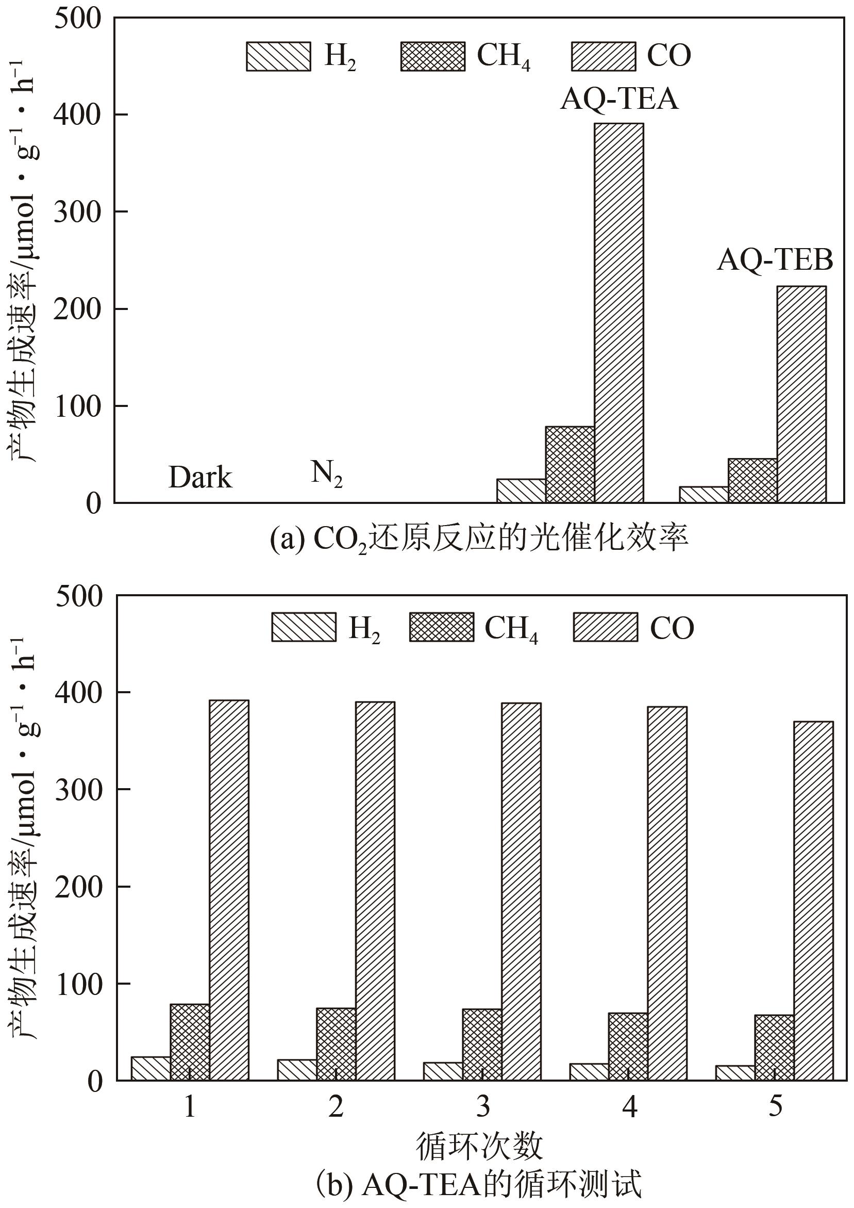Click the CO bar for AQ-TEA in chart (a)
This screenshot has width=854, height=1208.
[x=619, y=313]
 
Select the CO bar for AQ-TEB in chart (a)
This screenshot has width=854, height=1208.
[x=801, y=395]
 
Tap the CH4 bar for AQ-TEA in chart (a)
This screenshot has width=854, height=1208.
[x=570, y=465]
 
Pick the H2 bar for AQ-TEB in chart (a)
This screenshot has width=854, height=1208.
[x=704, y=495]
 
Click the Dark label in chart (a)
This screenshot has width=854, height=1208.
[x=200, y=478]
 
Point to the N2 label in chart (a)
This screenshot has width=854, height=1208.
[x=327, y=474]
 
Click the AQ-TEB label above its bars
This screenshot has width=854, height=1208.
[x=775, y=259]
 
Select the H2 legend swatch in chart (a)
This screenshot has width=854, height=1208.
[x=278, y=56]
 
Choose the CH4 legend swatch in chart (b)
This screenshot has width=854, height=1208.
[x=442, y=627]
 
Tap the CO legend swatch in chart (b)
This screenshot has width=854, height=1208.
[x=605, y=627]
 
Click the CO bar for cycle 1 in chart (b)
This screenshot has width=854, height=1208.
[x=229, y=890]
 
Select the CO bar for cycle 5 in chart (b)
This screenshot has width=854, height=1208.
[x=813, y=901]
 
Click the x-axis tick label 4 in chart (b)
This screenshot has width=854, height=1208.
[x=629, y=1107]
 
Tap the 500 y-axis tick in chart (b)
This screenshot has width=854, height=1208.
[x=78, y=596]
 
